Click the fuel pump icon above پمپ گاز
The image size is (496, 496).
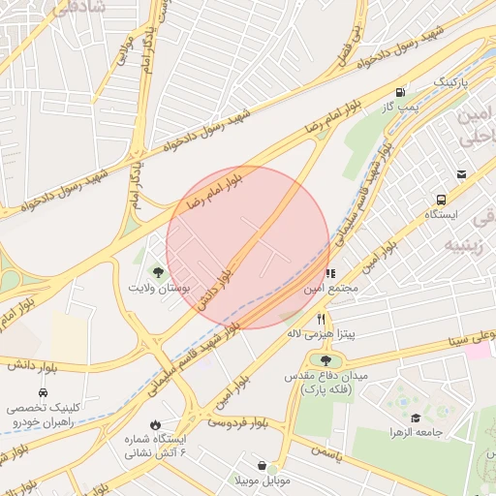400,94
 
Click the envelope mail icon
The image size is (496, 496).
462,174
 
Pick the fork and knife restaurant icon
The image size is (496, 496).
322,319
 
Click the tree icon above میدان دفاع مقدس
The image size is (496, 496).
325,360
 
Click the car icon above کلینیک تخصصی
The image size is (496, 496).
44,392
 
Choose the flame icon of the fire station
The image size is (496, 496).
155,424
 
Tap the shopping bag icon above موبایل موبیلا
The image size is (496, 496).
263,465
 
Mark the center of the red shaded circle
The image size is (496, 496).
248,247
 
